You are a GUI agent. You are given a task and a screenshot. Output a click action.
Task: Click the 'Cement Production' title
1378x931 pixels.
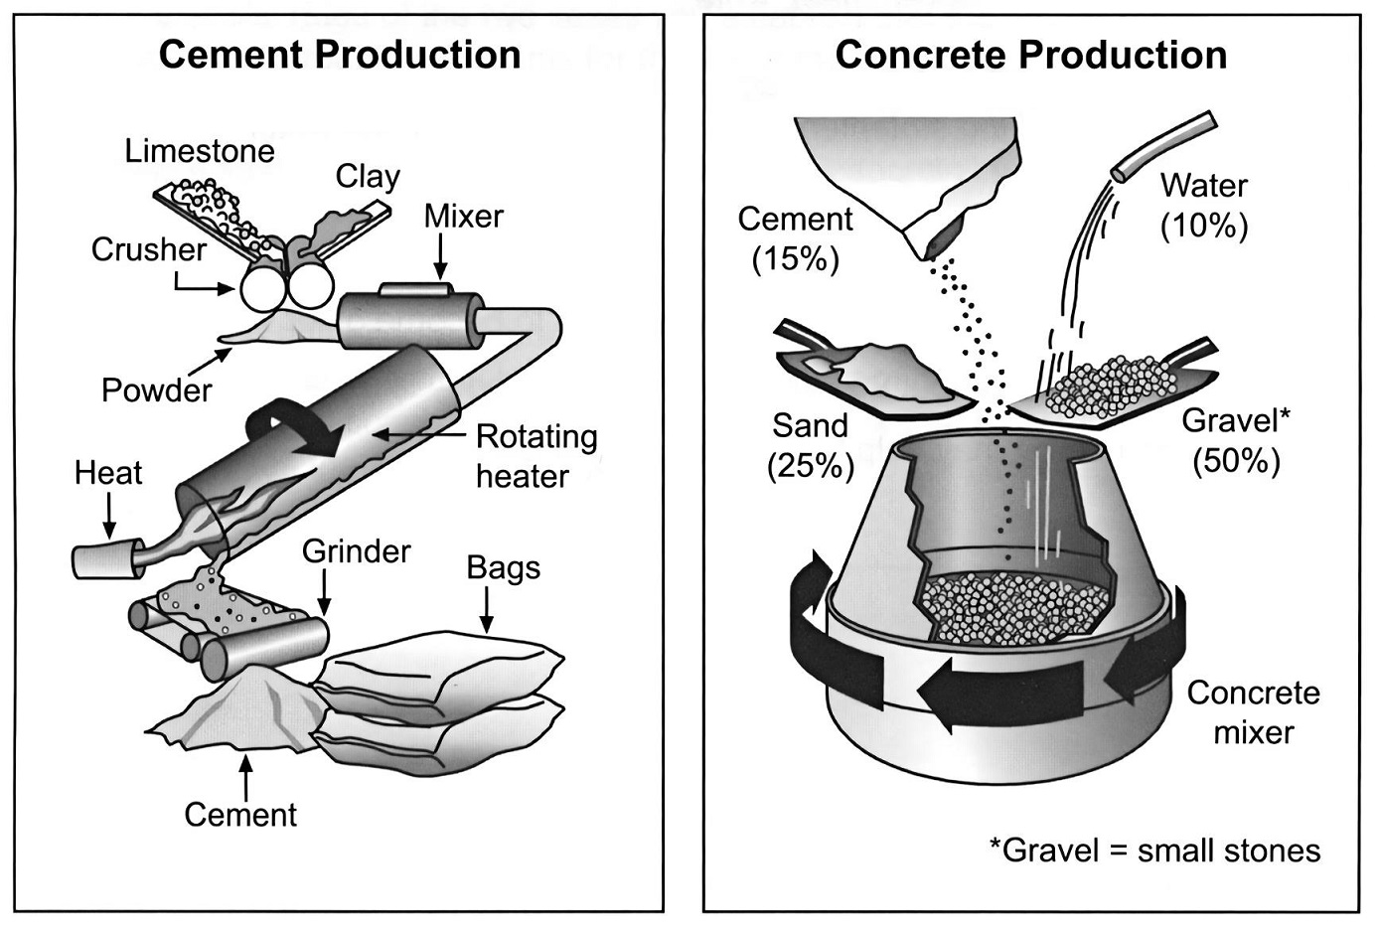click(340, 55)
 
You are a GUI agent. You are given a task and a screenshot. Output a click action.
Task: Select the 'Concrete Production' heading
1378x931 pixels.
click(1031, 55)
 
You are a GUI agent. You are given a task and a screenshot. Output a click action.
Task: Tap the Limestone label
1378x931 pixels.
click(200, 151)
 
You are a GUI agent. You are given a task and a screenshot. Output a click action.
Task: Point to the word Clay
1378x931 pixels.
click(368, 178)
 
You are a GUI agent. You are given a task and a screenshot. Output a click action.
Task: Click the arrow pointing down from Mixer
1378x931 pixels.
click(440, 257)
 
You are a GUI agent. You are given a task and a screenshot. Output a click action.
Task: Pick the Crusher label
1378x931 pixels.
click(149, 249)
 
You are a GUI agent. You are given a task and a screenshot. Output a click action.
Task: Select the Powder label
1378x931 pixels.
click(156, 390)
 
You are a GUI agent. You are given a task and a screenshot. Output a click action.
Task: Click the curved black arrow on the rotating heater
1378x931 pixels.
click(293, 427)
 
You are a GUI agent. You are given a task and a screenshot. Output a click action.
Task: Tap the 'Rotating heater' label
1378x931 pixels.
click(536, 457)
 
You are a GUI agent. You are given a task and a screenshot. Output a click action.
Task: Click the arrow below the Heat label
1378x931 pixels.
click(109, 517)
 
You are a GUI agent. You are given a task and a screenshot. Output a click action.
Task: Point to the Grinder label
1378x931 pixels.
click(357, 551)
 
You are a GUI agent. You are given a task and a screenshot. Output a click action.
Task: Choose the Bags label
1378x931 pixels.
click(504, 568)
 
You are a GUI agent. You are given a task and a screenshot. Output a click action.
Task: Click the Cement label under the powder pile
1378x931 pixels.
click(240, 816)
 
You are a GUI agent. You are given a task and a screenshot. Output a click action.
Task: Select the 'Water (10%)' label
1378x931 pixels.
click(1204, 206)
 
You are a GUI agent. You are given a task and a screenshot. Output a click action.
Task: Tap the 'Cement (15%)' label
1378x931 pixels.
click(796, 238)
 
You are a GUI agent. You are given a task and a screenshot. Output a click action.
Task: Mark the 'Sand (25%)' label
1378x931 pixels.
click(811, 446)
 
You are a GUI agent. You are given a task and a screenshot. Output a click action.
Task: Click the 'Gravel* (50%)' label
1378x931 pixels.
click(1236, 441)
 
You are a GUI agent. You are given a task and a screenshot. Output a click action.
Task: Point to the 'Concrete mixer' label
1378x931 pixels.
click(1254, 713)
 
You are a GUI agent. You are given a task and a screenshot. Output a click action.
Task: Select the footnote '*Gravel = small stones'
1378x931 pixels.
click(1154, 851)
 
